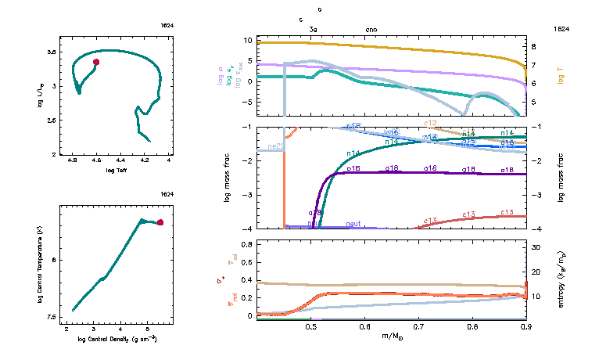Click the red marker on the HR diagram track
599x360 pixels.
click(x=96, y=62)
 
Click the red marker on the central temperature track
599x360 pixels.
click(x=160, y=222)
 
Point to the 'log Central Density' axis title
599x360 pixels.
click(x=117, y=339)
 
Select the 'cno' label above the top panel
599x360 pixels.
click(x=371, y=29)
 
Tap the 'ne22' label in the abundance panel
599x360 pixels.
click(x=276, y=146)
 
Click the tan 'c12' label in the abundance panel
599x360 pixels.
click(x=430, y=123)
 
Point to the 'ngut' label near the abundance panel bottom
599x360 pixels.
click(x=353, y=224)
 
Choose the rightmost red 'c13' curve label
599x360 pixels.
click(x=507, y=212)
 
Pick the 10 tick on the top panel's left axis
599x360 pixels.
click(x=247, y=39)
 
